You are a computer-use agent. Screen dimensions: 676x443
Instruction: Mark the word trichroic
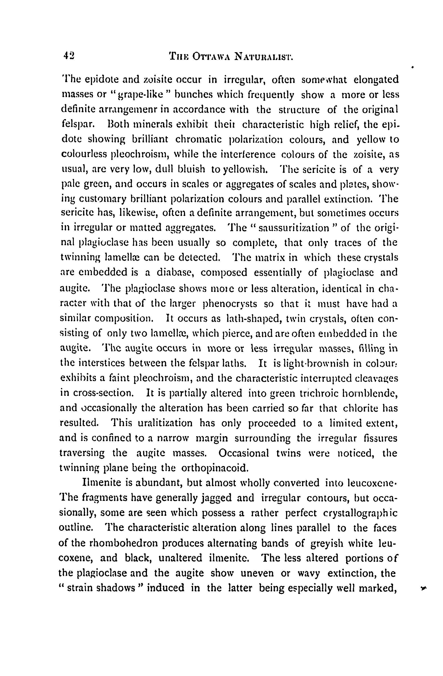click(x=316, y=393)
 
